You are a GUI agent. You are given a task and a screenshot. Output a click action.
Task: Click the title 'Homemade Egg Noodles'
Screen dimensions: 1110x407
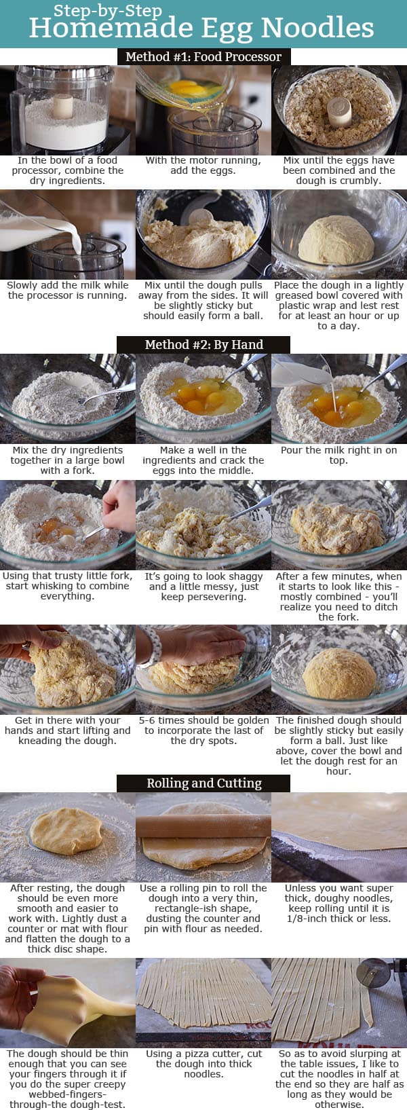pyautogui.click(x=201, y=29)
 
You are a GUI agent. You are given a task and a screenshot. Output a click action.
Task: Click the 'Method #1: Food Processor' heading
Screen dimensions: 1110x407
pyautogui.click(x=203, y=56)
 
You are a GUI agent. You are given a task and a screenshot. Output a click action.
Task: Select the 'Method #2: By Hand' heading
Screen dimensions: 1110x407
pyautogui.click(x=203, y=344)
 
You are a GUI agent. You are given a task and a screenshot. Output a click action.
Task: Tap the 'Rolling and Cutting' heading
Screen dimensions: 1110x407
pyautogui.click(x=203, y=783)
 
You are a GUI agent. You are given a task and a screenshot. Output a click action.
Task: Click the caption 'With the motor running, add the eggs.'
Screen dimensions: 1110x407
pyautogui.click(x=203, y=166)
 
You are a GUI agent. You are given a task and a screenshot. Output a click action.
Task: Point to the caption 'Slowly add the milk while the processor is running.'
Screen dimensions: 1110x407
pyautogui.click(x=68, y=291)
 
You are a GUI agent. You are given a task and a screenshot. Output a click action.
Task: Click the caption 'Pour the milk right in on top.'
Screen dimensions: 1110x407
pyautogui.click(x=338, y=455)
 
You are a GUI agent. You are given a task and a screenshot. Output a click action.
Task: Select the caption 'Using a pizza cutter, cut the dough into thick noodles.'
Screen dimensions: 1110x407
pyautogui.click(x=203, y=1064)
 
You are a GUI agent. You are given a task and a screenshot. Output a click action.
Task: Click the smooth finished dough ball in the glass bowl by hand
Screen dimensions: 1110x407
pyautogui.click(x=339, y=673)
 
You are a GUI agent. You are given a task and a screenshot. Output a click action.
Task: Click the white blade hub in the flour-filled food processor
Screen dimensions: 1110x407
pyautogui.click(x=63, y=107)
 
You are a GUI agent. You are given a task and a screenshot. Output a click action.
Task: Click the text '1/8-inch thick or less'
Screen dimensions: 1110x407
pyautogui.click(x=338, y=919)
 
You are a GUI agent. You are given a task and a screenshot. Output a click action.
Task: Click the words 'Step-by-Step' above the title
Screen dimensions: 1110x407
pyautogui.click(x=108, y=10)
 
